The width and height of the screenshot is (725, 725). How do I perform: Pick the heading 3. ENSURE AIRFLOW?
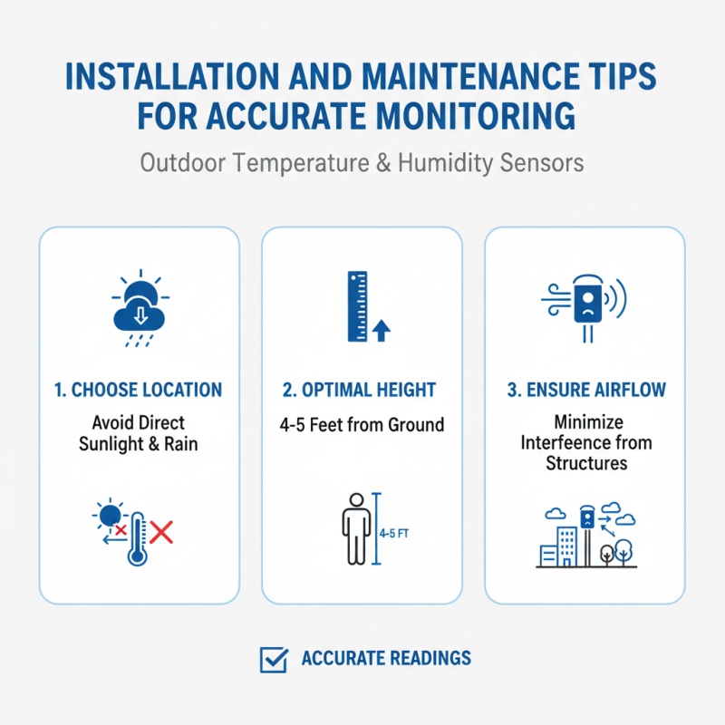(585, 391)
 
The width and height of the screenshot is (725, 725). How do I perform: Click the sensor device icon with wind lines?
(585, 304)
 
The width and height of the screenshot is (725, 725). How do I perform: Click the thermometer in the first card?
(137, 539)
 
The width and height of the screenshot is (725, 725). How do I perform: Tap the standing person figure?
(355, 529)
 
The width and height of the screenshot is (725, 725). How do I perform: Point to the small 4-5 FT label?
(394, 534)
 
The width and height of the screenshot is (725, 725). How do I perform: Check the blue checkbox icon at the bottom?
(273, 659)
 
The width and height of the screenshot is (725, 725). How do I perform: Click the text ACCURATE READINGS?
(386, 659)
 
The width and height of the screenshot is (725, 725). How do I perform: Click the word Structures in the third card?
(585, 463)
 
